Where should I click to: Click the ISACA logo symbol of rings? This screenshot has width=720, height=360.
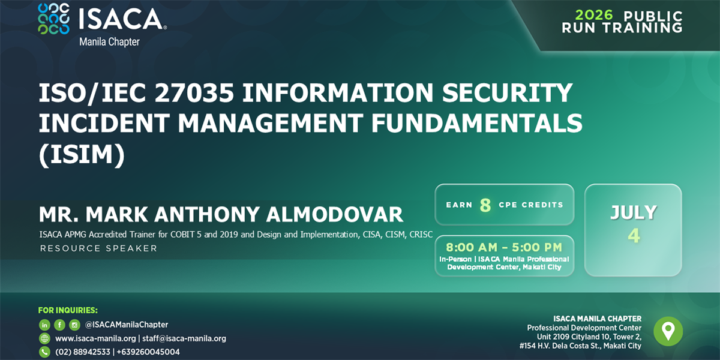(x=53, y=19)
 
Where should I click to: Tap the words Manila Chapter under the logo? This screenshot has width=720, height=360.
(x=109, y=42)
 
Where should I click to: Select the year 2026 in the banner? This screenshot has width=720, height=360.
(x=594, y=16)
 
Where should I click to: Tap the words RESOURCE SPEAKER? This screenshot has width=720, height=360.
(x=98, y=248)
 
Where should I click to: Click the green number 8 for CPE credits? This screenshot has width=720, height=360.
(x=485, y=205)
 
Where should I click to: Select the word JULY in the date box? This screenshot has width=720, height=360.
(x=633, y=212)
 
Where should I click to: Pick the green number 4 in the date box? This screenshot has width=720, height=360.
(x=634, y=235)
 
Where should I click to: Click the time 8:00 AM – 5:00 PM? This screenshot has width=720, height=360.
(x=504, y=247)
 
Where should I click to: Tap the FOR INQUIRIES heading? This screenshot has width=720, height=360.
(x=68, y=310)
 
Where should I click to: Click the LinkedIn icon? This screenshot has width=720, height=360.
(x=44, y=325)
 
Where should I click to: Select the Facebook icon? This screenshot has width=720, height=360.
(x=59, y=325)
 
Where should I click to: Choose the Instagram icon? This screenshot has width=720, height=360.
(x=74, y=325)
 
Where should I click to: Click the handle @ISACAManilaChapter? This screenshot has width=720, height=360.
(x=127, y=325)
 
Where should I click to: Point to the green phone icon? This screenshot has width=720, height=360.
(x=44, y=352)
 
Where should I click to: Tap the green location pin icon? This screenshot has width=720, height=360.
(x=668, y=331)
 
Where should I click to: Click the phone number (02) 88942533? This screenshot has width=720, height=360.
(x=83, y=352)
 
